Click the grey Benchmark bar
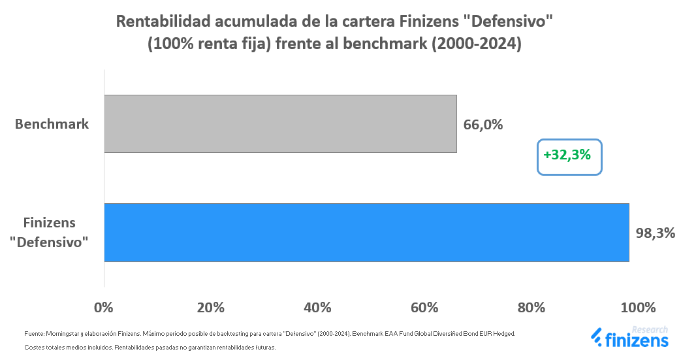(280, 123)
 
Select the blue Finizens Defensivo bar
(366, 232)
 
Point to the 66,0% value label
(483, 124)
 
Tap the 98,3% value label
(655, 233)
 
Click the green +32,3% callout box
(569, 156)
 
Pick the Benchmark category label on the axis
(52, 123)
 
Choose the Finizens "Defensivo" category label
(52, 232)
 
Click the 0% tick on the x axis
(104, 307)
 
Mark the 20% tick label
(211, 307)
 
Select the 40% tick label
(318, 307)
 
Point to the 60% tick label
(425, 307)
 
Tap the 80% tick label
(532, 307)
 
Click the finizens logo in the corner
(630, 340)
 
